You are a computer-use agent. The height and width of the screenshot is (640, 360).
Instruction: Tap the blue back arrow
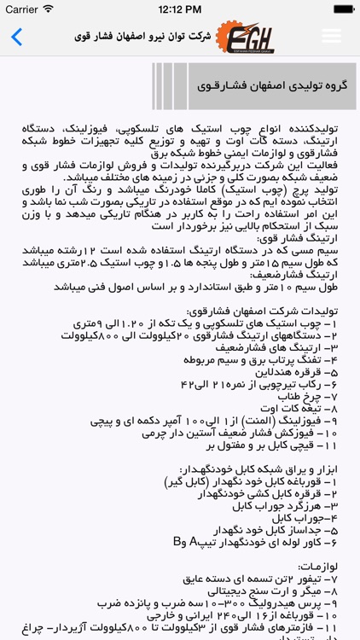coord(16,37)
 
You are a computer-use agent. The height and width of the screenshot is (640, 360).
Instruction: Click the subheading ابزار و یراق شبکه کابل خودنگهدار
coord(257,468)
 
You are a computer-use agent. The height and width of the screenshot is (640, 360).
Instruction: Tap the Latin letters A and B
coord(185,540)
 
